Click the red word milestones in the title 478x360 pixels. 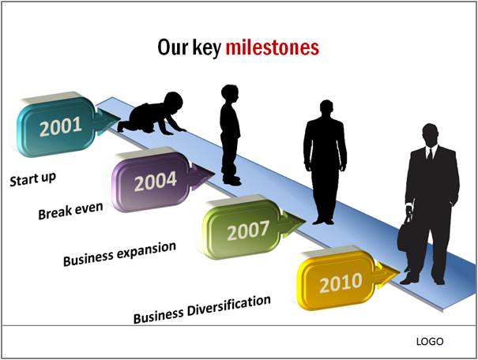[x=273, y=47]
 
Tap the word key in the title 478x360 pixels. [x=206, y=49]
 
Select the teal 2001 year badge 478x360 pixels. [x=69, y=124]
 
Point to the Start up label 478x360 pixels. [x=33, y=179]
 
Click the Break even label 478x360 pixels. [x=70, y=211]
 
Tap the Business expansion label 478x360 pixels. [x=119, y=253]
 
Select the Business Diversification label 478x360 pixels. [x=201, y=309]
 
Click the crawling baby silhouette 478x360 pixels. [x=152, y=113]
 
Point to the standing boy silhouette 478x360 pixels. [x=231, y=135]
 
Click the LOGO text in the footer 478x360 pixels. [x=430, y=341]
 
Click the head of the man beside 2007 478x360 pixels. [x=326, y=107]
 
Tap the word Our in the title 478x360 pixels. [x=172, y=47]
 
